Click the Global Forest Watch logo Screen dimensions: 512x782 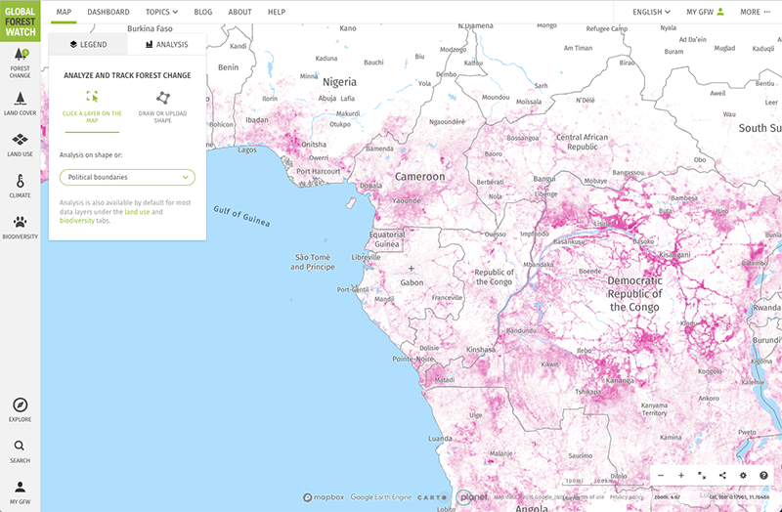click(20, 19)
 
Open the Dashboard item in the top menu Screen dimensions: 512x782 click(108, 12)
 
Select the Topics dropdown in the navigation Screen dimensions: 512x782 click(161, 12)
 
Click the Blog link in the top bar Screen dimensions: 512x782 click(203, 12)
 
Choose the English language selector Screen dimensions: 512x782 click(652, 12)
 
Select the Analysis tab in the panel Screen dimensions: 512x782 click(166, 44)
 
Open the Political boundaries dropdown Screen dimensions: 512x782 click(127, 177)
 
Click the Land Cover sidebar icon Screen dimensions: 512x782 click(20, 103)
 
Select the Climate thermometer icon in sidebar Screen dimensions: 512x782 click(20, 185)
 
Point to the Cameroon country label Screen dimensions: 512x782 click(419, 177)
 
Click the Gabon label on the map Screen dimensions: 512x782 click(412, 282)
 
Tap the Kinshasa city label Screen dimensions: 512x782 click(481, 349)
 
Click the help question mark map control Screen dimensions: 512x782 click(763, 475)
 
